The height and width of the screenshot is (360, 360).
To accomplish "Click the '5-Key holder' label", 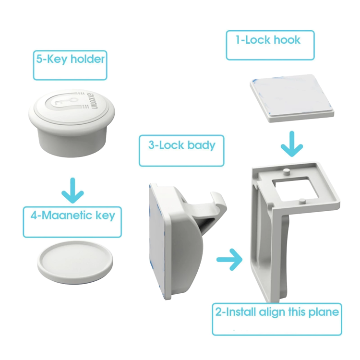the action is pyautogui.click(x=70, y=59).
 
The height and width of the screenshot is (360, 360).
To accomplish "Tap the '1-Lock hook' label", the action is pyautogui.click(x=268, y=40).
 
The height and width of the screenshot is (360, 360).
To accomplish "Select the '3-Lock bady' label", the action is pyautogui.click(x=182, y=145).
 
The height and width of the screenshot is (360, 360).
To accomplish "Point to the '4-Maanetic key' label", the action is pyautogui.click(x=73, y=216).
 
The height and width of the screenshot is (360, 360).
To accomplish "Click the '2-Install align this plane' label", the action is pyautogui.click(x=277, y=312).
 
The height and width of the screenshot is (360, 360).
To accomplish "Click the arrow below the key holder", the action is pyautogui.click(x=72, y=191).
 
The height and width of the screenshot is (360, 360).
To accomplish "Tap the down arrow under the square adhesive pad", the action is pyautogui.click(x=292, y=144).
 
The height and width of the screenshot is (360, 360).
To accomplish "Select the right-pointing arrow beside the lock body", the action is pyautogui.click(x=229, y=259).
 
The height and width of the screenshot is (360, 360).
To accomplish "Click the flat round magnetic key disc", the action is pyautogui.click(x=75, y=262).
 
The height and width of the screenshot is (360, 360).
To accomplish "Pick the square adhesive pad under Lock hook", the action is pyautogui.click(x=291, y=98).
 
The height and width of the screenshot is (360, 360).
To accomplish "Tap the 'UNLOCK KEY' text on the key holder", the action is pyautogui.click(x=95, y=100).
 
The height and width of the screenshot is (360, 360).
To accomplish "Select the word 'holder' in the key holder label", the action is pyautogui.click(x=87, y=59).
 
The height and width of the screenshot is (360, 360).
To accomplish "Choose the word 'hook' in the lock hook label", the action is pyautogui.click(x=287, y=40).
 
